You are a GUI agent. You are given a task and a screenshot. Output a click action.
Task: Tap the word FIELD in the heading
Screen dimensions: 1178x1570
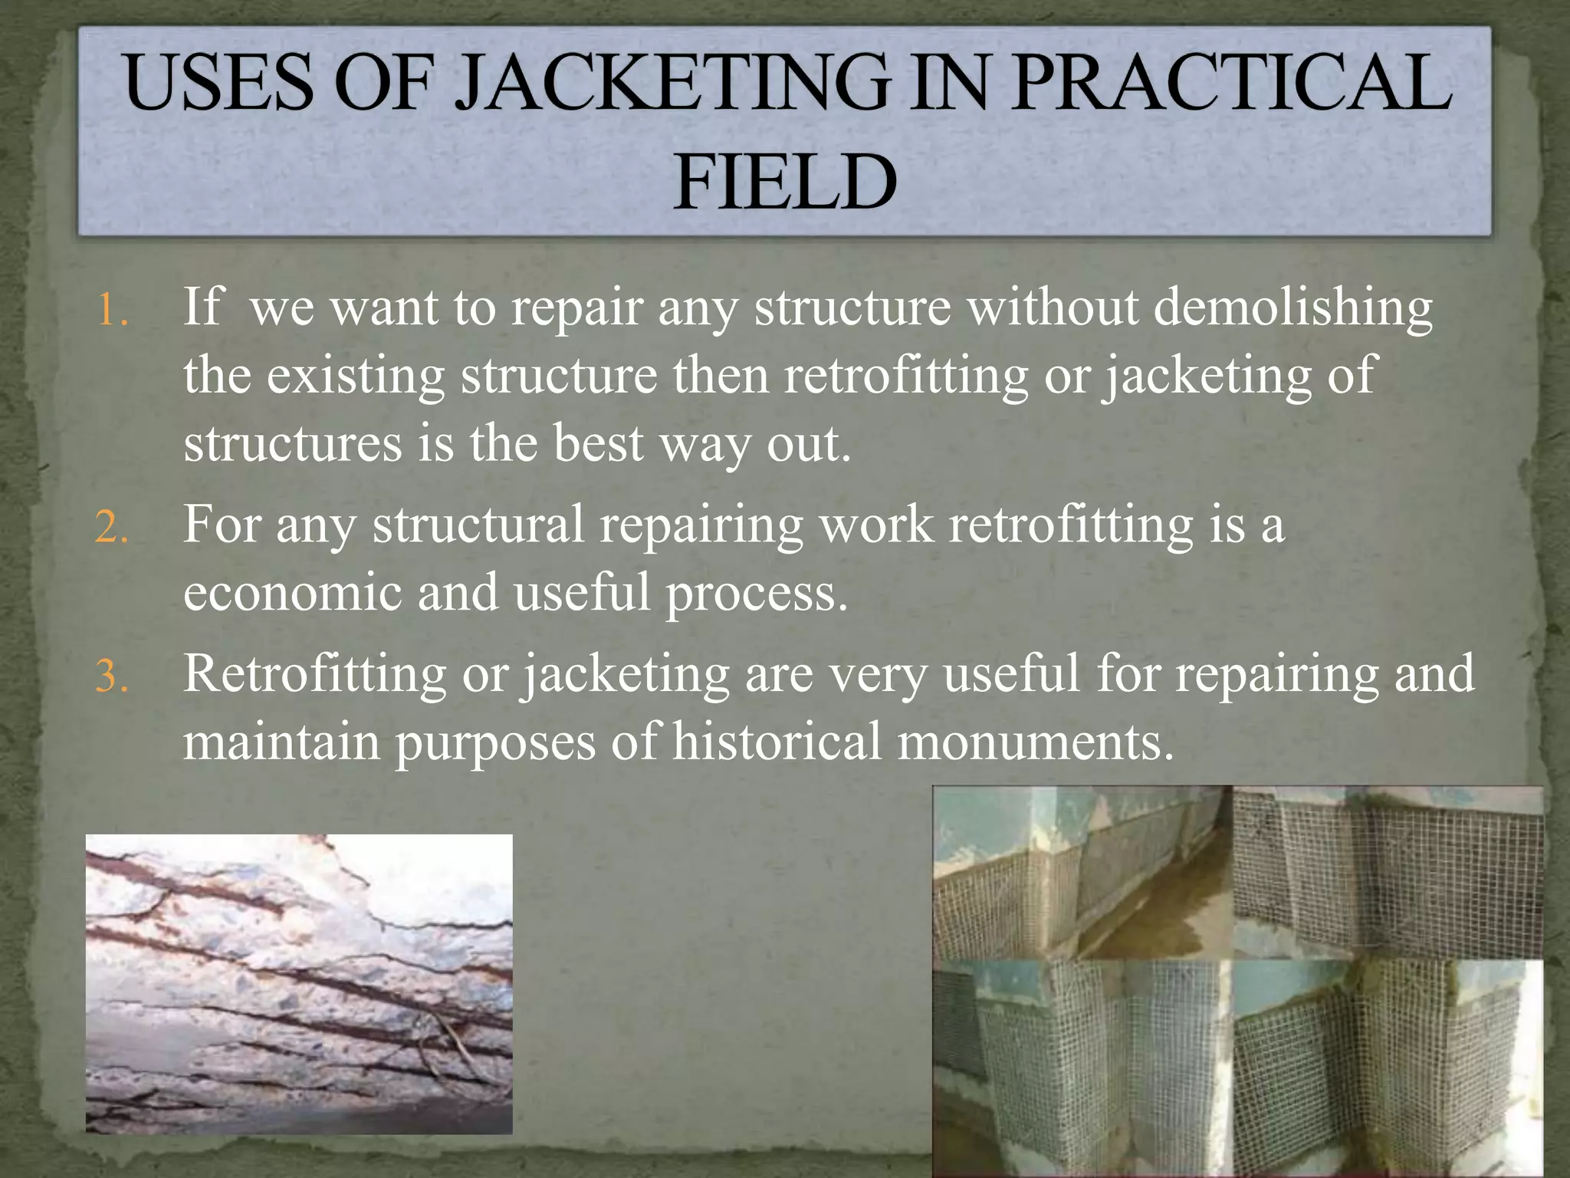[785, 183]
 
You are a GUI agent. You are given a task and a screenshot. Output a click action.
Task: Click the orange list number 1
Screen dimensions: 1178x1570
[113, 311]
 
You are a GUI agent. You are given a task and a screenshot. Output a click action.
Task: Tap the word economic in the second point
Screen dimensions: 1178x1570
[292, 593]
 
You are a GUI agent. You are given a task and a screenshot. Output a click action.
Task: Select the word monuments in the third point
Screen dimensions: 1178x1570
[1034, 742]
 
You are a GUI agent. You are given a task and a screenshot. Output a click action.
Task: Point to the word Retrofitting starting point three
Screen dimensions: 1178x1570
[314, 673]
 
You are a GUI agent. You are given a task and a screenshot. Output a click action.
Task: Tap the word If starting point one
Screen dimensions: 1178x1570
[201, 307]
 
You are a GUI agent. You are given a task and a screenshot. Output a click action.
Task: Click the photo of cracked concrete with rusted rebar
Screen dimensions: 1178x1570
[299, 983]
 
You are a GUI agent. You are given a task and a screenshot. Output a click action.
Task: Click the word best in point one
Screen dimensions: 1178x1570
[598, 443]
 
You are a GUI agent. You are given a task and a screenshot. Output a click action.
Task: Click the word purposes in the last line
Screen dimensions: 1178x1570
[495, 743]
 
